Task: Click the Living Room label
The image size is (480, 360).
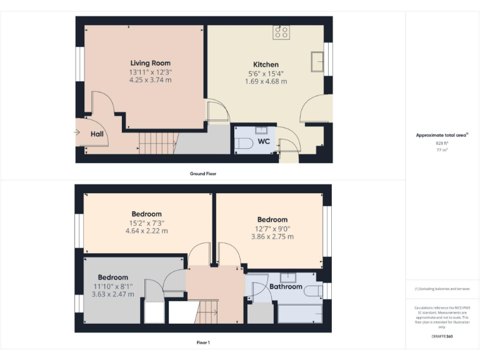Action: [150, 63]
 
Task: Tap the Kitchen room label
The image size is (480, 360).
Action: [266, 64]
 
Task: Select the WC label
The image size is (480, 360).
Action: [264, 141]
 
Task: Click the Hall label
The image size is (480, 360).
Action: [97, 134]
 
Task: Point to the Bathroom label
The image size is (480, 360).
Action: [286, 287]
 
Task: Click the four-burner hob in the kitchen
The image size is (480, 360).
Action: [281, 32]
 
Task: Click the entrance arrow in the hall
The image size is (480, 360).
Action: [77, 132]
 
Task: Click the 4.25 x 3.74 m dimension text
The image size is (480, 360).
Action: [150, 80]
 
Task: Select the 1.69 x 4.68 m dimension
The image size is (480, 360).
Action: [266, 81]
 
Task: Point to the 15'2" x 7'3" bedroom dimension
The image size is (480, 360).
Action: [146, 222]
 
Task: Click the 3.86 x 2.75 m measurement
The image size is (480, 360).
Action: [272, 237]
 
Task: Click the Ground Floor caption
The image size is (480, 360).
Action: [203, 173]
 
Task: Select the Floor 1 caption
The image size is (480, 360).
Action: [203, 342]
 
